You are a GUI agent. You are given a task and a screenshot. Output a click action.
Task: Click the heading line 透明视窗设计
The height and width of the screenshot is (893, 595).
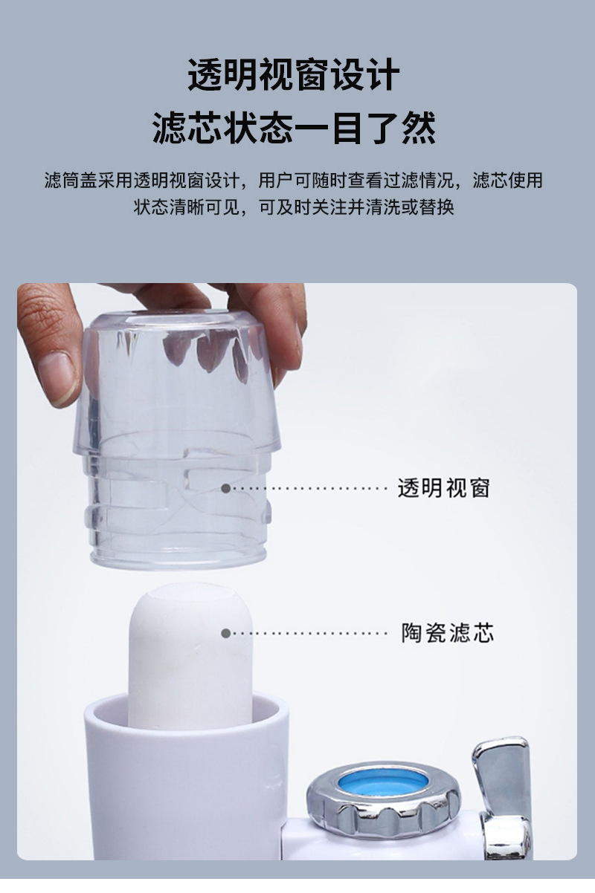[294, 76]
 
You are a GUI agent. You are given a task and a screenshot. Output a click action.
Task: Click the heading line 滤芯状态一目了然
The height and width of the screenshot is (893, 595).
[294, 128]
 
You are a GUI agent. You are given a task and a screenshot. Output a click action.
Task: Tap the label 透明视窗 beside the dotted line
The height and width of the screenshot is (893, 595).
[443, 488]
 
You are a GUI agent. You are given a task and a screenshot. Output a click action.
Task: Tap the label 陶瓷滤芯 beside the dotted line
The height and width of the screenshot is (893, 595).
[447, 633]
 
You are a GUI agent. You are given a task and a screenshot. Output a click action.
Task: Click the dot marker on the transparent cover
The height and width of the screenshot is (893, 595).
[225, 488]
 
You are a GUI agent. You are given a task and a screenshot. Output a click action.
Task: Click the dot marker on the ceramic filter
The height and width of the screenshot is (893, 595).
[225, 633]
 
